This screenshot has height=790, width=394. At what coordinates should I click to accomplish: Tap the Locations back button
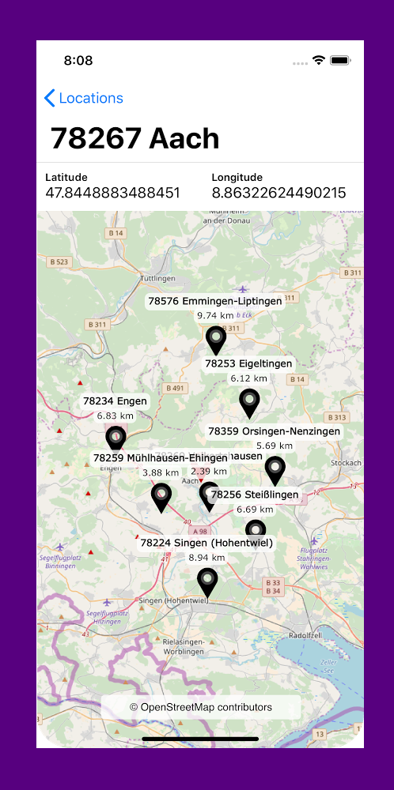[x=84, y=98]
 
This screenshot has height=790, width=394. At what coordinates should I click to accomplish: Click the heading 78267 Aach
[x=134, y=138]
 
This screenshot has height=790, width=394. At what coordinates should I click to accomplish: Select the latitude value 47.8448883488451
[x=112, y=193]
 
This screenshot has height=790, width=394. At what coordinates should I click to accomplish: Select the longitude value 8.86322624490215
[x=278, y=193]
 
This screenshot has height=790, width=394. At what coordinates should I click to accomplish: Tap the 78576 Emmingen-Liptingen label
[x=215, y=301]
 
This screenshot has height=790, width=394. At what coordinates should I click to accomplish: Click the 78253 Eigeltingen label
[x=248, y=363]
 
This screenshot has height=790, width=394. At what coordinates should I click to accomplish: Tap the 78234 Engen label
[x=115, y=401]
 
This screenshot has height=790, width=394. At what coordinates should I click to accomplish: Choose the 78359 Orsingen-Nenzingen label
[x=274, y=431]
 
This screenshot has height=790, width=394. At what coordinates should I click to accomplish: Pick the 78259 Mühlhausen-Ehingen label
[x=161, y=457]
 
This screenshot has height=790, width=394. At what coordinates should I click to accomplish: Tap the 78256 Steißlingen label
[x=255, y=495]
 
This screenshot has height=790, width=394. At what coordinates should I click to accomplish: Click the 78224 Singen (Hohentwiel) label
[x=206, y=543]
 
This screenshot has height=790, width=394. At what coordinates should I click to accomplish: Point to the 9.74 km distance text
[x=215, y=315]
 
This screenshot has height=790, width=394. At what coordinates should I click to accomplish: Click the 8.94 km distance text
[x=206, y=557]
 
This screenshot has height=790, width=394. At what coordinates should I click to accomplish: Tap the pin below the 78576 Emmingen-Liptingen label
[x=215, y=340]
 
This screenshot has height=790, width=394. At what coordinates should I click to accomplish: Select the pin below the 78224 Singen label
[x=206, y=581]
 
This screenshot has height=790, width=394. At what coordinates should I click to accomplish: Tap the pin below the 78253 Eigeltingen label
[x=249, y=402]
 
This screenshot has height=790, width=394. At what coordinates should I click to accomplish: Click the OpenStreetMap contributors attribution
[x=201, y=707]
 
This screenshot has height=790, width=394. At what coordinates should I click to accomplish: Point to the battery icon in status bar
[x=340, y=61]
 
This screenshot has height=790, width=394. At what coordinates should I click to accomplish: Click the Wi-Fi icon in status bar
[x=319, y=61]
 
